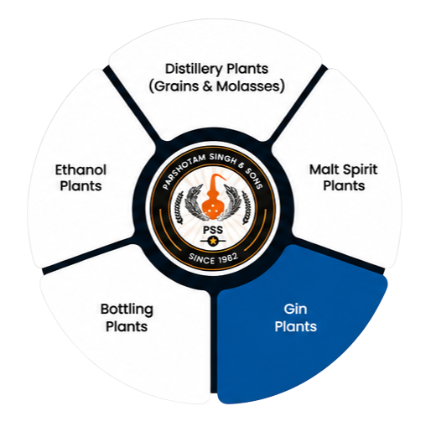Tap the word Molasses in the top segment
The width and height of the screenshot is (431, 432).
248,86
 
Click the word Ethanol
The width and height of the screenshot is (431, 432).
80,170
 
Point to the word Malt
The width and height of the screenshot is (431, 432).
325,169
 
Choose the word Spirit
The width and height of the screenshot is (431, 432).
360,170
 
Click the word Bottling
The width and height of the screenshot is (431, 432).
127,310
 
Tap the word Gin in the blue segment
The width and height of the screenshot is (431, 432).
295,309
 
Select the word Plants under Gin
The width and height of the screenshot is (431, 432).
295,326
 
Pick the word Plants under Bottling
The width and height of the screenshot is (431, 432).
127,326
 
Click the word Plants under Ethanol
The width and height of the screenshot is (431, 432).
80,186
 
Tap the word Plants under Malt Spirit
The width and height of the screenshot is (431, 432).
344,185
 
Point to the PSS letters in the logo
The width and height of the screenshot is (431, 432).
213,230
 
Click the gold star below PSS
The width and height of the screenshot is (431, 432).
213,241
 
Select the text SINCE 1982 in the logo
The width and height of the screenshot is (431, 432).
213,258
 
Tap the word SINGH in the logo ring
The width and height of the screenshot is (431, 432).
223,159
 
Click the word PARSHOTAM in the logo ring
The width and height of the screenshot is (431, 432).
183,170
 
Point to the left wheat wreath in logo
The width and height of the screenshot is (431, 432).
193,202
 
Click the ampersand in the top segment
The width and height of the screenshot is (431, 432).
208,86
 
